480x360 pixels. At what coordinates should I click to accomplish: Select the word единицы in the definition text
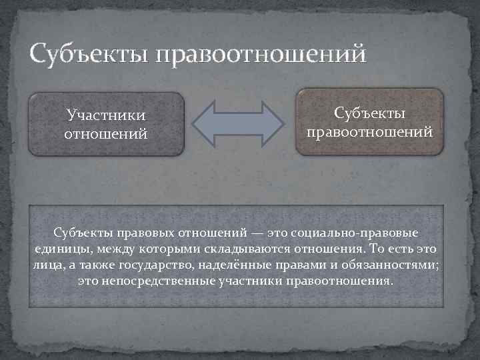[x=57, y=249]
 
